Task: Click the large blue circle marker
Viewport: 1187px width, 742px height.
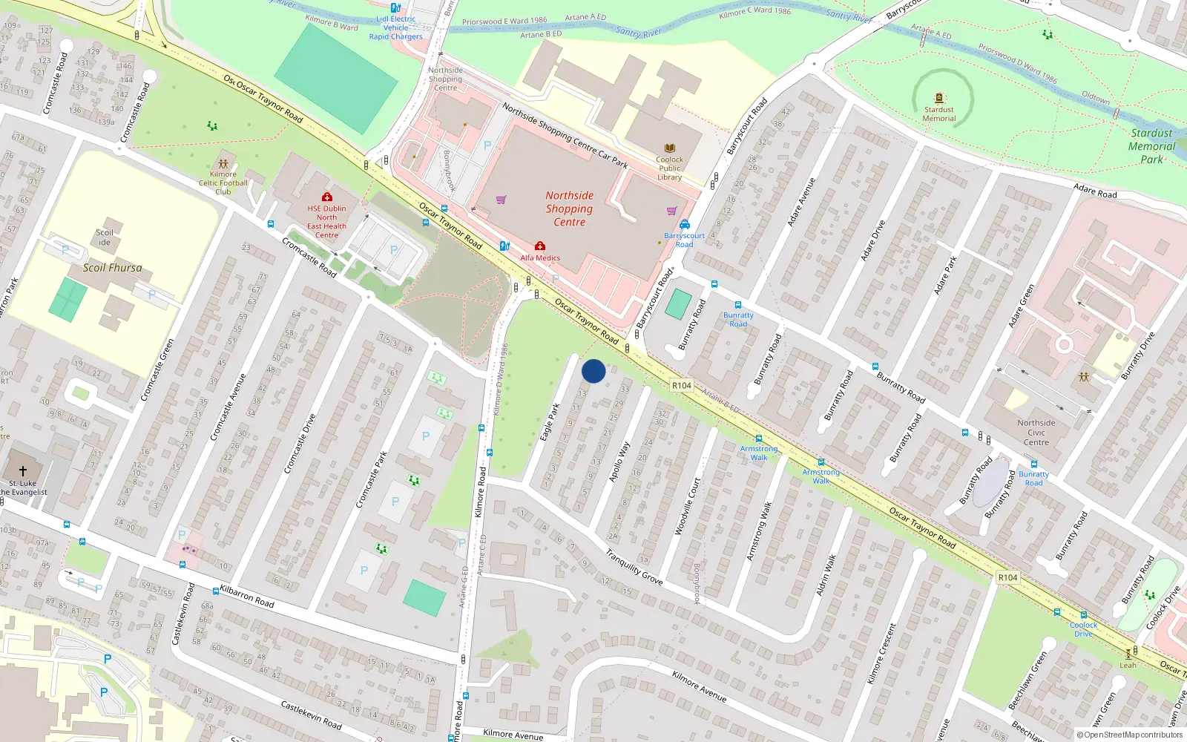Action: pos(593,371)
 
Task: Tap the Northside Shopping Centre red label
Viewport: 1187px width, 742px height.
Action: pos(569,209)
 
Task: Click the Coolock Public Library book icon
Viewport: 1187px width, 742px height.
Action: pos(670,148)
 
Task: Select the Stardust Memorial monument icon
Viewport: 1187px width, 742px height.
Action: pos(939,98)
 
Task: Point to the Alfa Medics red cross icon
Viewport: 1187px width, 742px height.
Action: pos(540,246)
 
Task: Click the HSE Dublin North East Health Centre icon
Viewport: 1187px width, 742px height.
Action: pos(326,197)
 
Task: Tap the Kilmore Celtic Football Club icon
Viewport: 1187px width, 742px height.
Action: pos(223,164)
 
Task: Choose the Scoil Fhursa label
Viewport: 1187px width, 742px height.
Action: pos(112,268)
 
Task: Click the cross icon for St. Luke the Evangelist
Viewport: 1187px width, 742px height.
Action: pos(23,470)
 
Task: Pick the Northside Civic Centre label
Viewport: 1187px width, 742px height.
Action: pos(1036,433)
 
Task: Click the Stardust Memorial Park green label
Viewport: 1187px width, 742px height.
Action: pos(1151,146)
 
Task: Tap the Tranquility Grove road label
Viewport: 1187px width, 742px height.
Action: pos(634,567)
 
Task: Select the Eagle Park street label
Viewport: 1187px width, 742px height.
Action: pos(550,422)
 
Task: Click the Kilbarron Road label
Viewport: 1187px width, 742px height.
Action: pos(247,597)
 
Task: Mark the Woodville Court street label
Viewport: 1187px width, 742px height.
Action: pos(687,507)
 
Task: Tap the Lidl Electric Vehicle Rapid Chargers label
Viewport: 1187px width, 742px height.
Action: pos(395,27)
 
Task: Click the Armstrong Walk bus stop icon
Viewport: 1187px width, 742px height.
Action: pos(758,439)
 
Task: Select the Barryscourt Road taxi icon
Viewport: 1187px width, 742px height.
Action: pos(685,224)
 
